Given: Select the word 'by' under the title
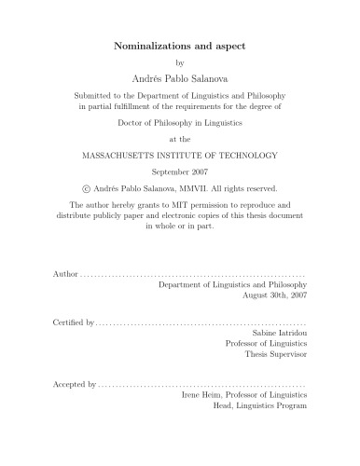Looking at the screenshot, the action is pyautogui.click(x=180, y=62).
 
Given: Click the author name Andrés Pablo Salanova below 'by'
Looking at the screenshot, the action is pyautogui.click(x=180, y=78).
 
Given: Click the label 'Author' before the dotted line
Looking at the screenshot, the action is pyautogui.click(x=60, y=278).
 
